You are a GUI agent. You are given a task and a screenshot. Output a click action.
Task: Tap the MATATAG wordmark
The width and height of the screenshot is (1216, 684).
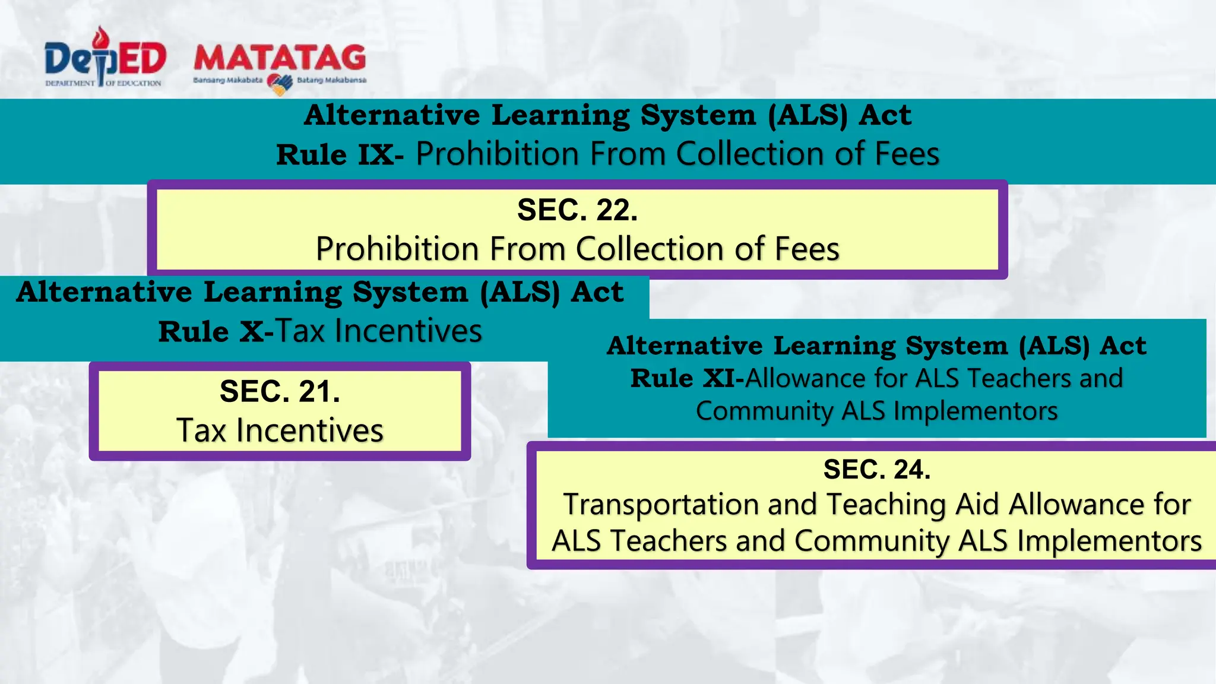click(280, 58)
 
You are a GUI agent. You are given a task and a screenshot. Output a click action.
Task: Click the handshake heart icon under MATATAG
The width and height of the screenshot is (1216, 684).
click(280, 84)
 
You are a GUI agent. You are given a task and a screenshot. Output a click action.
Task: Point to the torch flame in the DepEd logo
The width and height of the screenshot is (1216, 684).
click(103, 37)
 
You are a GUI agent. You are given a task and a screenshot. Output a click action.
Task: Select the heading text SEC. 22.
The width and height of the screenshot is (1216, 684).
click(577, 210)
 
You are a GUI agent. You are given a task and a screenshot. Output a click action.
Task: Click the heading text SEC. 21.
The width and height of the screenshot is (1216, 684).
click(280, 392)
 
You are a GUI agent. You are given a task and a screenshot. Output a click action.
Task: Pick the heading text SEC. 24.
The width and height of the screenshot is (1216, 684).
click(876, 470)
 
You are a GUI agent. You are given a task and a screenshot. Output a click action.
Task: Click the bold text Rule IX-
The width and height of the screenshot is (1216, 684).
click(340, 155)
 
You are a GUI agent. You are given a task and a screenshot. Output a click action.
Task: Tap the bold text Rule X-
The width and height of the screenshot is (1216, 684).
click(216, 332)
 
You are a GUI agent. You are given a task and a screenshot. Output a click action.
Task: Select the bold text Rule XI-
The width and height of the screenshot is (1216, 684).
click(687, 378)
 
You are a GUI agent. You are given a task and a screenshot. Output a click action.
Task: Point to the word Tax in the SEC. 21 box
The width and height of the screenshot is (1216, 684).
click(201, 430)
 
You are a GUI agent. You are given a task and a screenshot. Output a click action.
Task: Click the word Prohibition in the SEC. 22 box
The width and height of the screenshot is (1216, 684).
click(397, 249)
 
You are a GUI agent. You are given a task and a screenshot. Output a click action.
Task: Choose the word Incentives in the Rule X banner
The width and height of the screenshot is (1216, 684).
click(408, 331)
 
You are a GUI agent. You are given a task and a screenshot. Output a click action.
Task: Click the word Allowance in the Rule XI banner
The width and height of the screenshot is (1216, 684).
click(825, 378)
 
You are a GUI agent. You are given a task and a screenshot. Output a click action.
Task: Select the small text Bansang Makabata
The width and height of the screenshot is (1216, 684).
click(227, 80)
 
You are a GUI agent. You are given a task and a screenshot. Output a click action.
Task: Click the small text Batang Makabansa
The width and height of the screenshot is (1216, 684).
click(331, 80)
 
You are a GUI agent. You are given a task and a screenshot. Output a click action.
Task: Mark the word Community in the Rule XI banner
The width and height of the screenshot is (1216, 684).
click(765, 411)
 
